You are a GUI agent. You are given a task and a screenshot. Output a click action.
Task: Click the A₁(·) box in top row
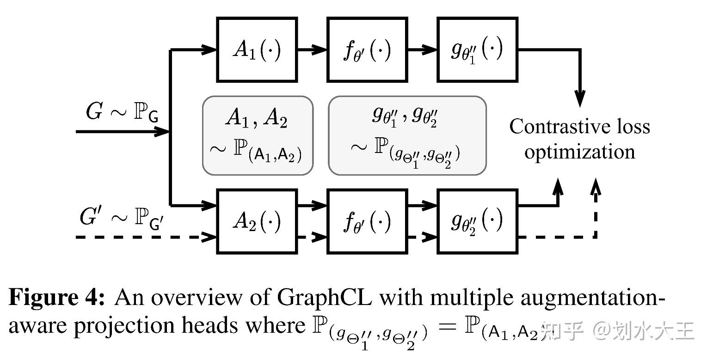[x=257, y=50]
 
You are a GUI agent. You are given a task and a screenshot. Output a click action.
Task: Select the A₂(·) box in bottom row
[x=257, y=221]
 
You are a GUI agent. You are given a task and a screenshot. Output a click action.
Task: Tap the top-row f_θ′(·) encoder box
[x=367, y=50]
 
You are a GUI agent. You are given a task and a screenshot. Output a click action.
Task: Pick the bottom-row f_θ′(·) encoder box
[x=367, y=221]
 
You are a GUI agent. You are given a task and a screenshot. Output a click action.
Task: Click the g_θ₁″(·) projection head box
[x=477, y=50]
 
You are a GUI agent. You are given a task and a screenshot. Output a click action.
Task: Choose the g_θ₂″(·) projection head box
[x=477, y=221]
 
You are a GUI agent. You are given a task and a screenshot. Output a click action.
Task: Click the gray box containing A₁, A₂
[x=258, y=135]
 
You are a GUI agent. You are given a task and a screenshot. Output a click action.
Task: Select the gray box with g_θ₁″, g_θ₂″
[x=407, y=135]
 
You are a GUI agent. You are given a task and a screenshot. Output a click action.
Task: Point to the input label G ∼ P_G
[x=122, y=112]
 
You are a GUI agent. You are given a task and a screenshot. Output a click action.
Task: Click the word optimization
[x=579, y=152]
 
